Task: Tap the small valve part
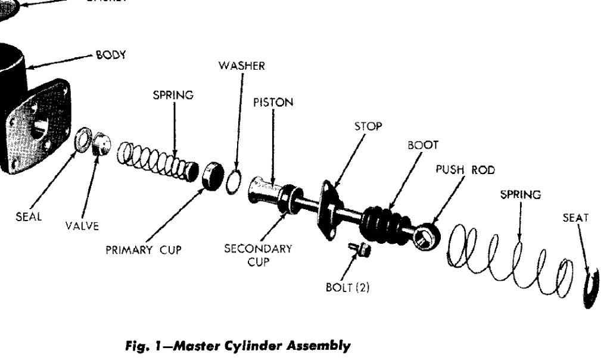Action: [102, 143]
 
